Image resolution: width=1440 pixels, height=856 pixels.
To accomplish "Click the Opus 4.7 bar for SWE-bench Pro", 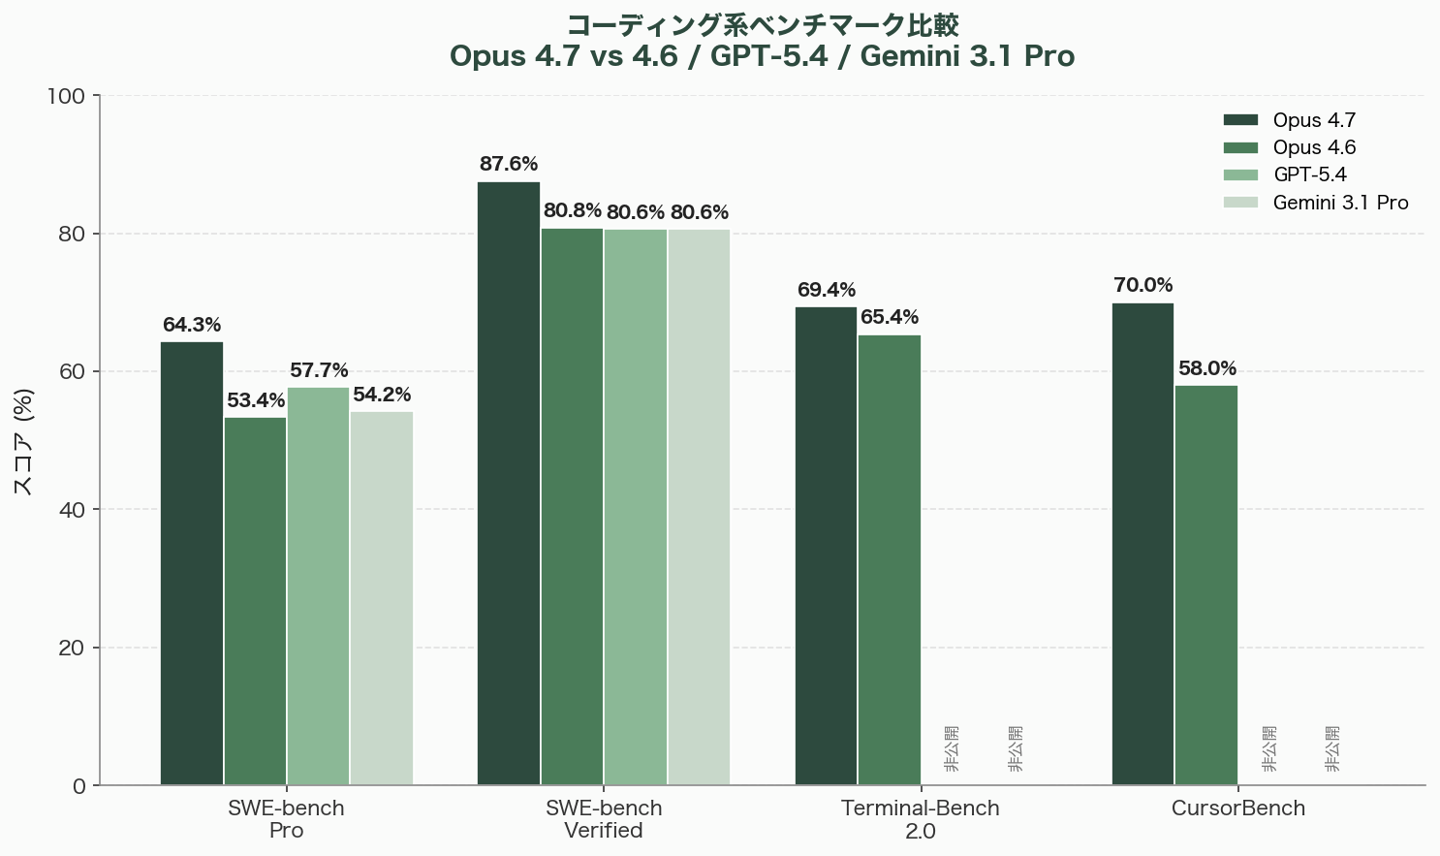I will [x=192, y=563].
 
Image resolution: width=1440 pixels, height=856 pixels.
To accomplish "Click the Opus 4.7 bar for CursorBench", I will [x=1143, y=544].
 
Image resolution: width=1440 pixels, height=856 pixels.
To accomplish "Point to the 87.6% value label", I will [x=509, y=165].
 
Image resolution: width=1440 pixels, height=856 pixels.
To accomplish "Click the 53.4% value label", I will [x=256, y=400].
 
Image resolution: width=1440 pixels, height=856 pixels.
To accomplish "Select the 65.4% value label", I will [x=890, y=317].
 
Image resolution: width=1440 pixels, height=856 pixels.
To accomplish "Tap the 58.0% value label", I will [x=1207, y=368].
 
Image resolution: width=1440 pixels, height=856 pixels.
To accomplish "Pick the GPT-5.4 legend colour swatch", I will [x=1240, y=175].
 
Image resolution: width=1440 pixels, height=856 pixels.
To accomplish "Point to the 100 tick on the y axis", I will [x=66, y=96].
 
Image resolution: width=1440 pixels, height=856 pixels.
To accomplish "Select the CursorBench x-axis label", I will [x=1238, y=808].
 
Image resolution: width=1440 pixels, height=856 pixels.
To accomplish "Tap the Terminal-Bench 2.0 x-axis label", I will [x=921, y=819].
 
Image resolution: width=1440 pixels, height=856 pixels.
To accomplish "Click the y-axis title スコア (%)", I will [x=24, y=441].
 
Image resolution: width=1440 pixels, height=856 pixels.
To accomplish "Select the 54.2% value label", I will [x=382, y=395].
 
